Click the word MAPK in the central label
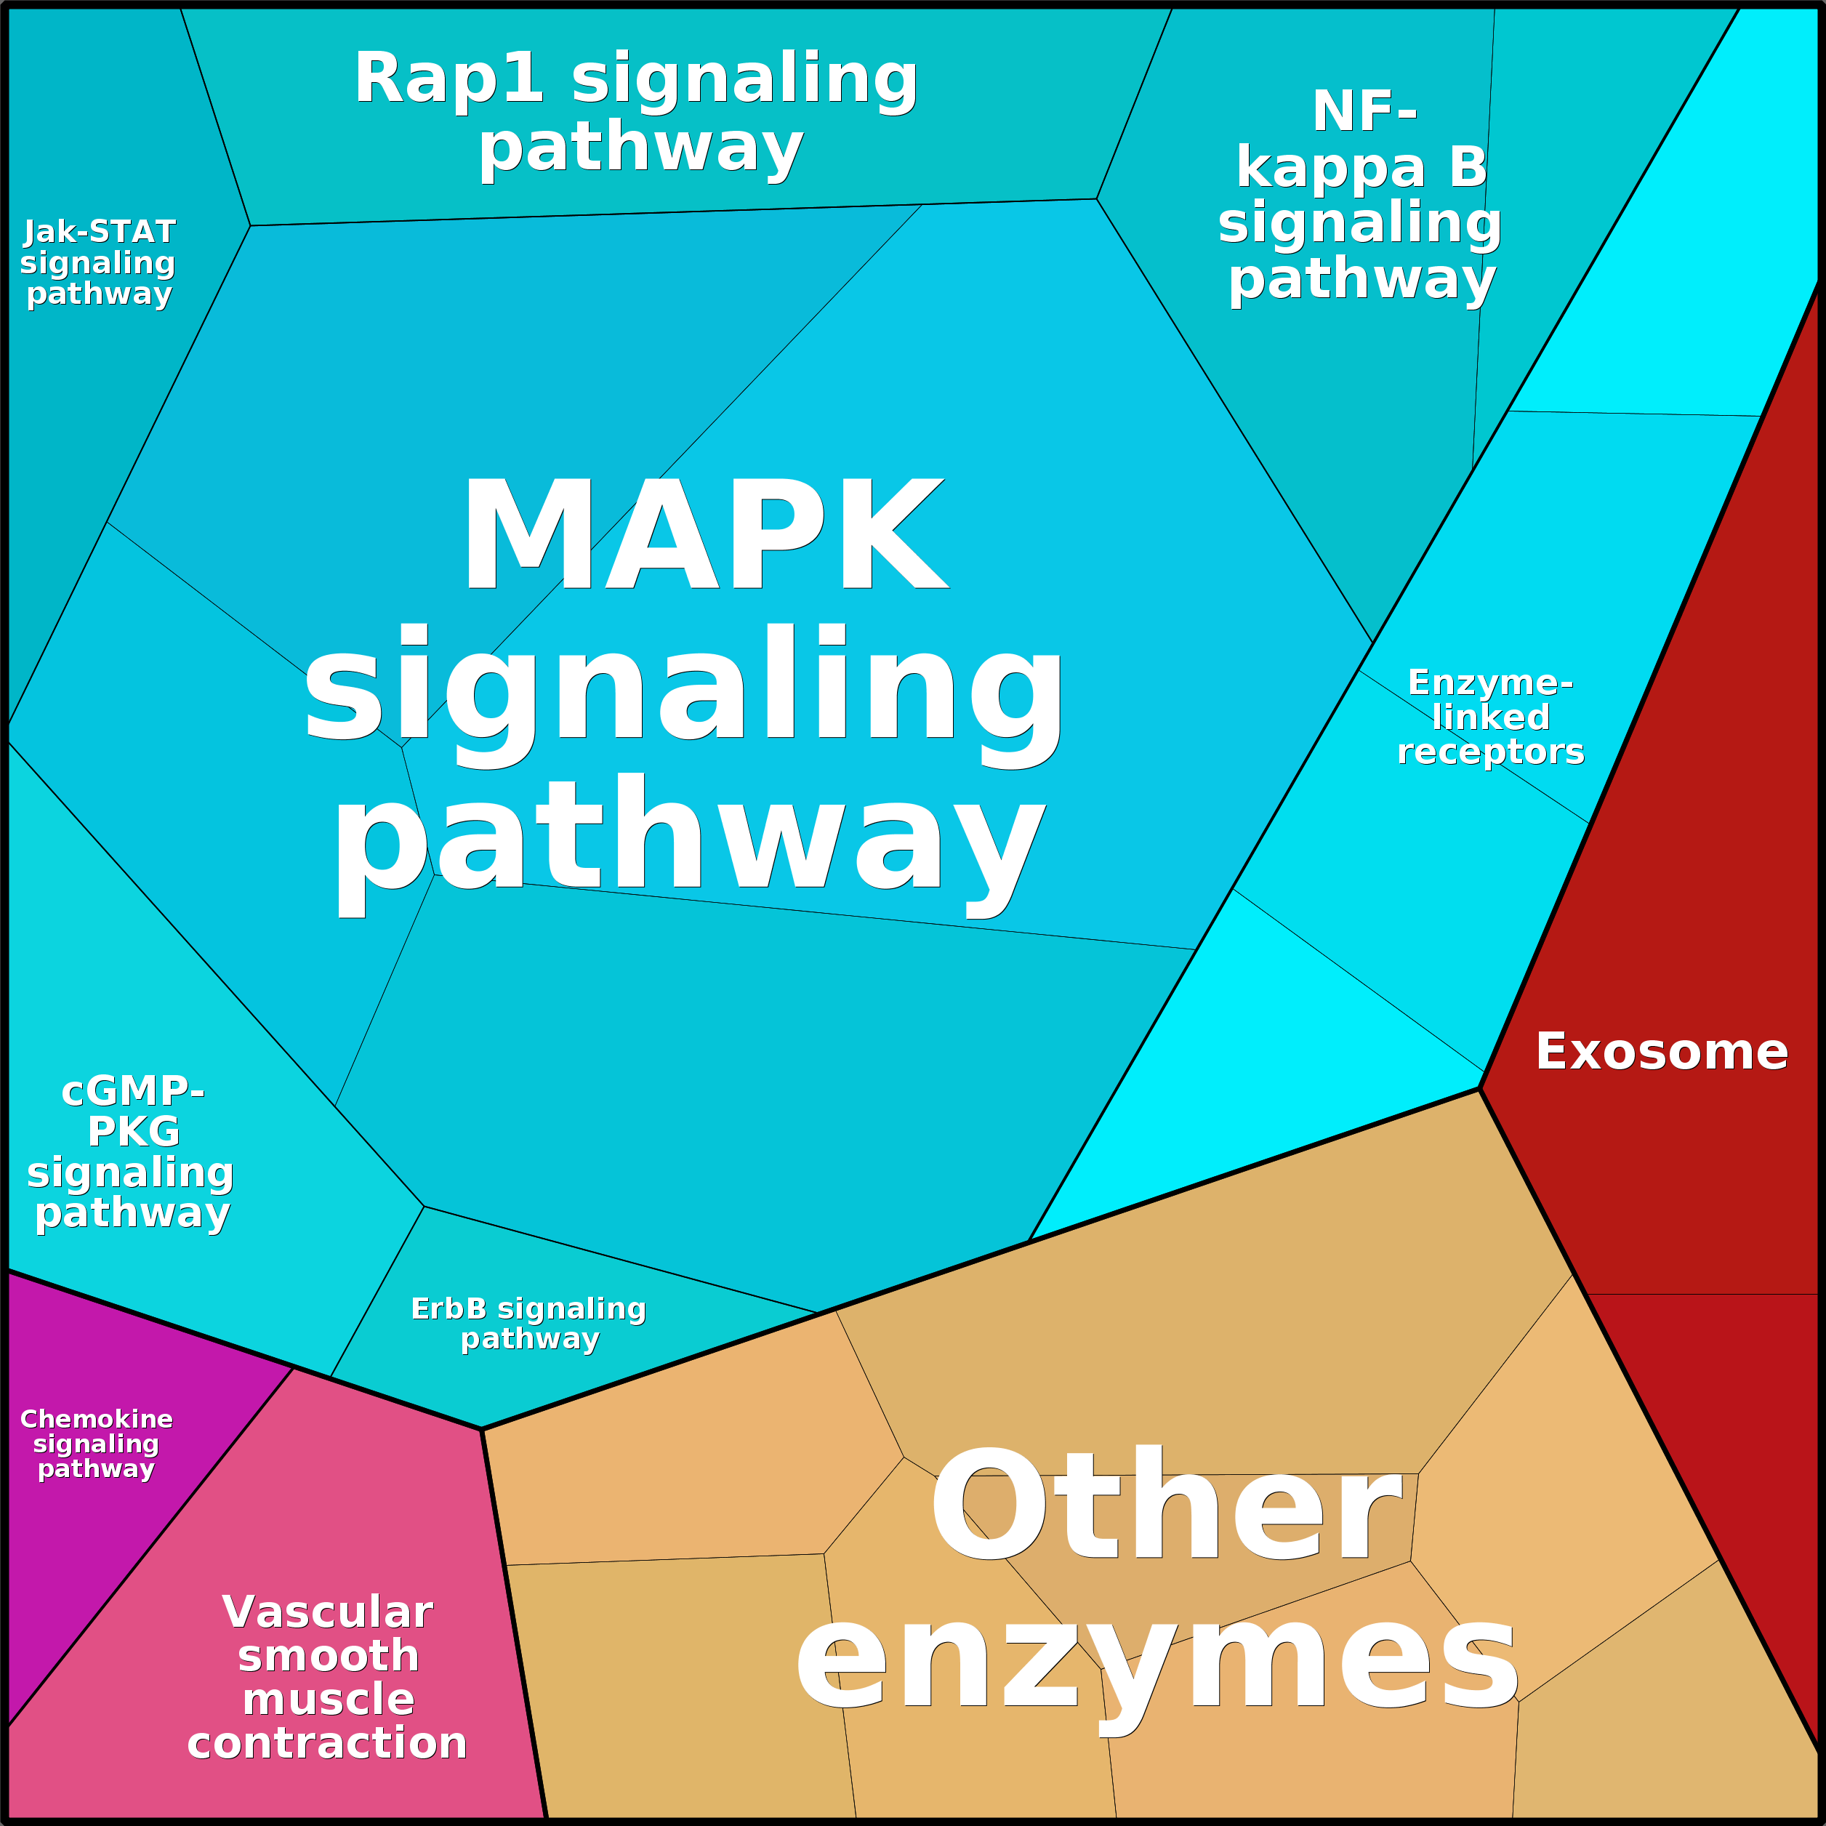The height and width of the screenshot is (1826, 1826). (x=704, y=535)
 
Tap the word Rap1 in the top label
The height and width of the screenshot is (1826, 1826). (x=449, y=79)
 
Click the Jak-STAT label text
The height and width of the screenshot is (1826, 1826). (x=100, y=233)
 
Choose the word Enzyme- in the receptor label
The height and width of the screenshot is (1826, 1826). (x=1490, y=683)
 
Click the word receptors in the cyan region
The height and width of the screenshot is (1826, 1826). (x=1490, y=752)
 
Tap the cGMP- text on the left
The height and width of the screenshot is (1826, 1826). (x=132, y=1092)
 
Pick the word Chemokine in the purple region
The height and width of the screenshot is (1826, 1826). (x=97, y=1420)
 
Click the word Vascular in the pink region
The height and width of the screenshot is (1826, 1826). (x=327, y=1612)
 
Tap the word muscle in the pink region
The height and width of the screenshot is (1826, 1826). (x=328, y=1700)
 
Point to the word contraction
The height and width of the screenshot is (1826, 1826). (x=327, y=1743)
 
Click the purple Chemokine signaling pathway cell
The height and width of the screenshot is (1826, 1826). (x=85, y=1559)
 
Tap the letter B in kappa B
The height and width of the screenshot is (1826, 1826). (x=1468, y=168)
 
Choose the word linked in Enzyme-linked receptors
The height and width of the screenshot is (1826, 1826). (x=1490, y=717)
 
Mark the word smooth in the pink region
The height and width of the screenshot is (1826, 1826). (x=328, y=1656)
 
